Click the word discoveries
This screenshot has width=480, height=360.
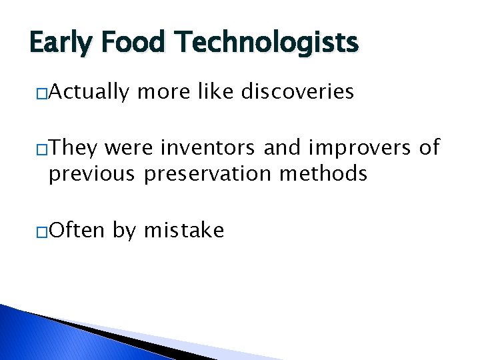click(x=297, y=91)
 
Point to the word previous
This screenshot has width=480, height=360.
click(x=92, y=174)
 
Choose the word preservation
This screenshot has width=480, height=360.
click(x=208, y=174)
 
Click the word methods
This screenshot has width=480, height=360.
click(x=323, y=174)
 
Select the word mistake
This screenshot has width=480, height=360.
click(x=184, y=231)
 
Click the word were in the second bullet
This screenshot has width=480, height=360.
click(x=126, y=147)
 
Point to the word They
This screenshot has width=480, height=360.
click(x=73, y=147)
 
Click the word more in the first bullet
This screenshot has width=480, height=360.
click(x=160, y=91)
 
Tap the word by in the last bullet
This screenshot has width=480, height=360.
click(x=125, y=231)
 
